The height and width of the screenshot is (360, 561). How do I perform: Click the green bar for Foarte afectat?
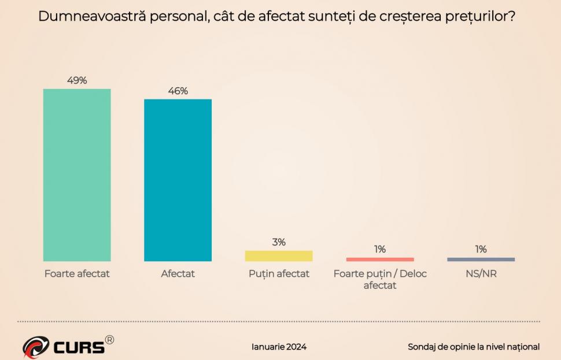pos(77,175)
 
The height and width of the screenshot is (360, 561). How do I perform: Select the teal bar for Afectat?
pos(178,180)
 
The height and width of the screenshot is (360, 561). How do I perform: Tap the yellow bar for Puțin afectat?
pos(279,256)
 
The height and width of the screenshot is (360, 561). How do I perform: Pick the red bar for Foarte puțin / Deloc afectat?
pos(380,259)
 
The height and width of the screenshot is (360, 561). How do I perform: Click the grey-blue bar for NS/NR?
pos(481,259)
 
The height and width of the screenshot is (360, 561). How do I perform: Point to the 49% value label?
pos(77,80)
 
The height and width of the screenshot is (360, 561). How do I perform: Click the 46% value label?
pos(178,91)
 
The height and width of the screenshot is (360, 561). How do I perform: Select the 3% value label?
pos(279,242)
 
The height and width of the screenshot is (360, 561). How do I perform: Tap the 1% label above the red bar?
pos(380,249)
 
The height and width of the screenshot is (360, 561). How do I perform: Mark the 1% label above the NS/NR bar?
pos(481,249)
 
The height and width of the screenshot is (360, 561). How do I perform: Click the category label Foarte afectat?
pos(77,274)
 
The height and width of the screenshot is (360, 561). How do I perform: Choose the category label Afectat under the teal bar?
pos(178,274)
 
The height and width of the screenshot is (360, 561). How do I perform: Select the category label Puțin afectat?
pos(279,274)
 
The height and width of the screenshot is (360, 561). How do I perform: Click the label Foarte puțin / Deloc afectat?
pos(380,279)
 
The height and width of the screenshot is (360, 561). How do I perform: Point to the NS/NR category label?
pos(481,274)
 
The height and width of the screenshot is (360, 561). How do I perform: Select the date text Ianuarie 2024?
pos(279,347)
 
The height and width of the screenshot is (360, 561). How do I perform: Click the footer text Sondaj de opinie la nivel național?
pos(474,347)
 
